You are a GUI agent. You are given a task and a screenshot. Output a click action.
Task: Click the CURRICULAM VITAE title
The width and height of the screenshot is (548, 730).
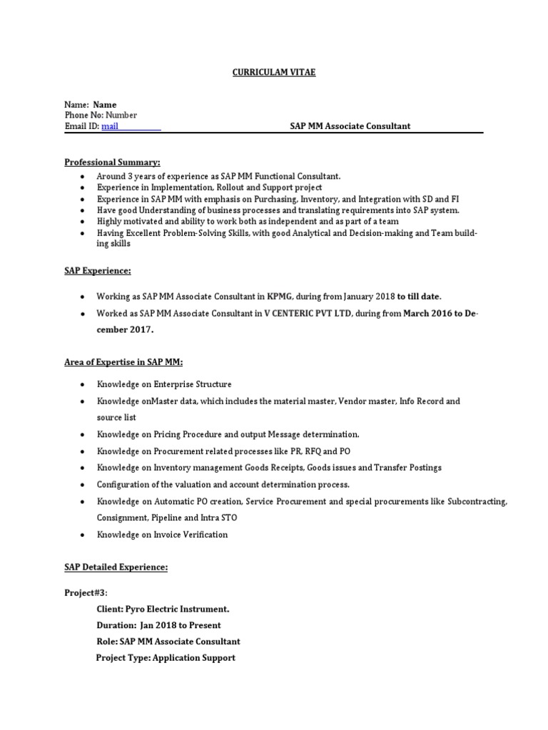pos(274,73)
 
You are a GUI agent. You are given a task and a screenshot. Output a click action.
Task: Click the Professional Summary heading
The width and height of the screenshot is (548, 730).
pos(113,162)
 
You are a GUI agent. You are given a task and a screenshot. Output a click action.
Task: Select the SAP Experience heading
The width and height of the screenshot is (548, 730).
pos(98,271)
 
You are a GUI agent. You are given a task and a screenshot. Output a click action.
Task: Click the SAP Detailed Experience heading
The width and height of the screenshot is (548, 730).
pos(116,567)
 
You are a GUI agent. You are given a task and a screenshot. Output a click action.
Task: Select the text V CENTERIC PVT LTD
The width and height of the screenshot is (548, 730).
pos(308,313)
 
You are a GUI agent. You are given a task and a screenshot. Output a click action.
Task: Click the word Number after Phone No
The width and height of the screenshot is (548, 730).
pos(121,115)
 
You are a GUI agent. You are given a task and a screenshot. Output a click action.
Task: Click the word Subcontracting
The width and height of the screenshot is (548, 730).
pos(477,501)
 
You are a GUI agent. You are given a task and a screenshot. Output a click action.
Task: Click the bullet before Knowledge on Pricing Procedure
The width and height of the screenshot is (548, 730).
pos(83,434)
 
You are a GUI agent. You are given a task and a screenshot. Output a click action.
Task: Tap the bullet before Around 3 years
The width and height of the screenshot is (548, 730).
pos(83,176)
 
